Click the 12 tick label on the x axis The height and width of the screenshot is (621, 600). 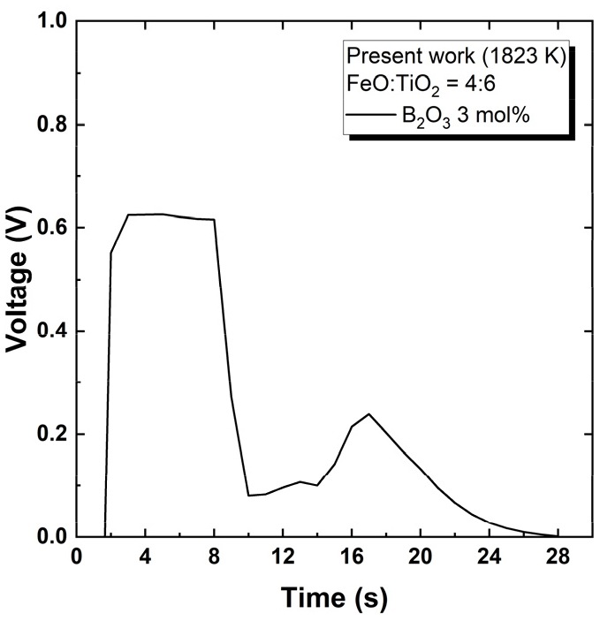coord(283,560)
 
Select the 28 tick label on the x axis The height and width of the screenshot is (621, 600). coord(558,560)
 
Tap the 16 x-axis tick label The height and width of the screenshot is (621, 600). coord(352,560)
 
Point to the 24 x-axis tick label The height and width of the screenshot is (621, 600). coord(489,560)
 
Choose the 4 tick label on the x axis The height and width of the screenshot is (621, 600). coord(145,560)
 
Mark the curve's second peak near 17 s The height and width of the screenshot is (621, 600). coord(368,413)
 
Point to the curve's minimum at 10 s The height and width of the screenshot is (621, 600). coord(248,496)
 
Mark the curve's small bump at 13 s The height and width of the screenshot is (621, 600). coord(300,481)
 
